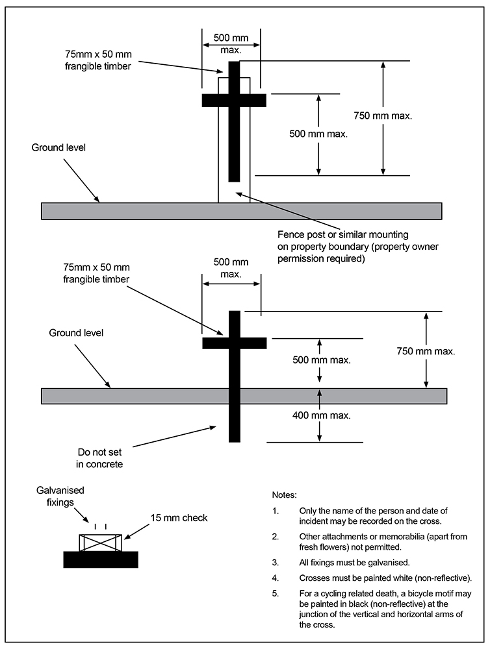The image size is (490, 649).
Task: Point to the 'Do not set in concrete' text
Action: (99, 458)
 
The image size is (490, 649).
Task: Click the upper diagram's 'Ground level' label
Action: (58, 147)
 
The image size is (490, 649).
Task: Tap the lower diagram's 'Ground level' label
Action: (77, 333)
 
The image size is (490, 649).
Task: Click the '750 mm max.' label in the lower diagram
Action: (426, 351)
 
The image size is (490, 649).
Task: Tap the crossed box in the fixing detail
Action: (100, 543)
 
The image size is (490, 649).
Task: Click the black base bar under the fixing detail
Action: (100, 559)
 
